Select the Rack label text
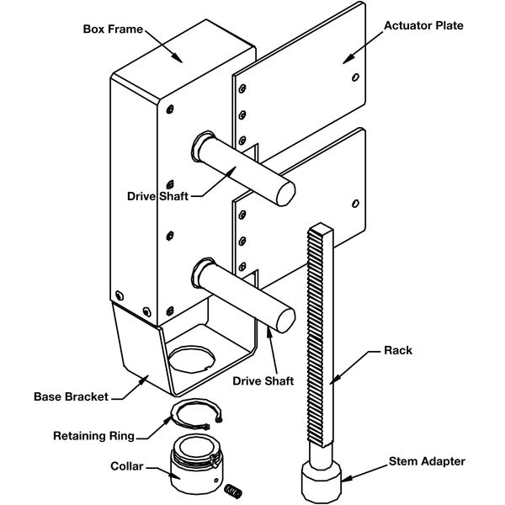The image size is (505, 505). pyautogui.click(x=397, y=349)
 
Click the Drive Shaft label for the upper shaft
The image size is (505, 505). pyautogui.click(x=156, y=195)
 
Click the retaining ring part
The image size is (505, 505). pyautogui.click(x=197, y=414)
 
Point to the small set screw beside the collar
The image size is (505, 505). pyautogui.click(x=237, y=489)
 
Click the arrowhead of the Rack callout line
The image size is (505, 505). pyautogui.click(x=333, y=380)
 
